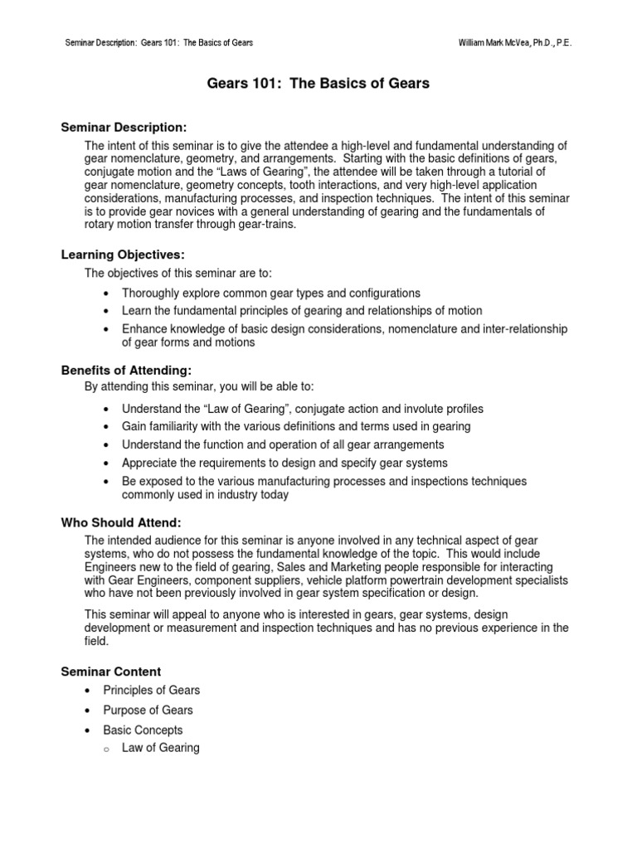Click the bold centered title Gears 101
318,84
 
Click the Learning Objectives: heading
122,255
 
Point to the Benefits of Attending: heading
126,371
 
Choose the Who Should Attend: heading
121,522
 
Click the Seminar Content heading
112,672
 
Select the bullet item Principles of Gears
151,690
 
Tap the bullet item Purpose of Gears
148,710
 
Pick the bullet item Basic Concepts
143,730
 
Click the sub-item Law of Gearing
160,748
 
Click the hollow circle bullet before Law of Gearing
108,749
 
